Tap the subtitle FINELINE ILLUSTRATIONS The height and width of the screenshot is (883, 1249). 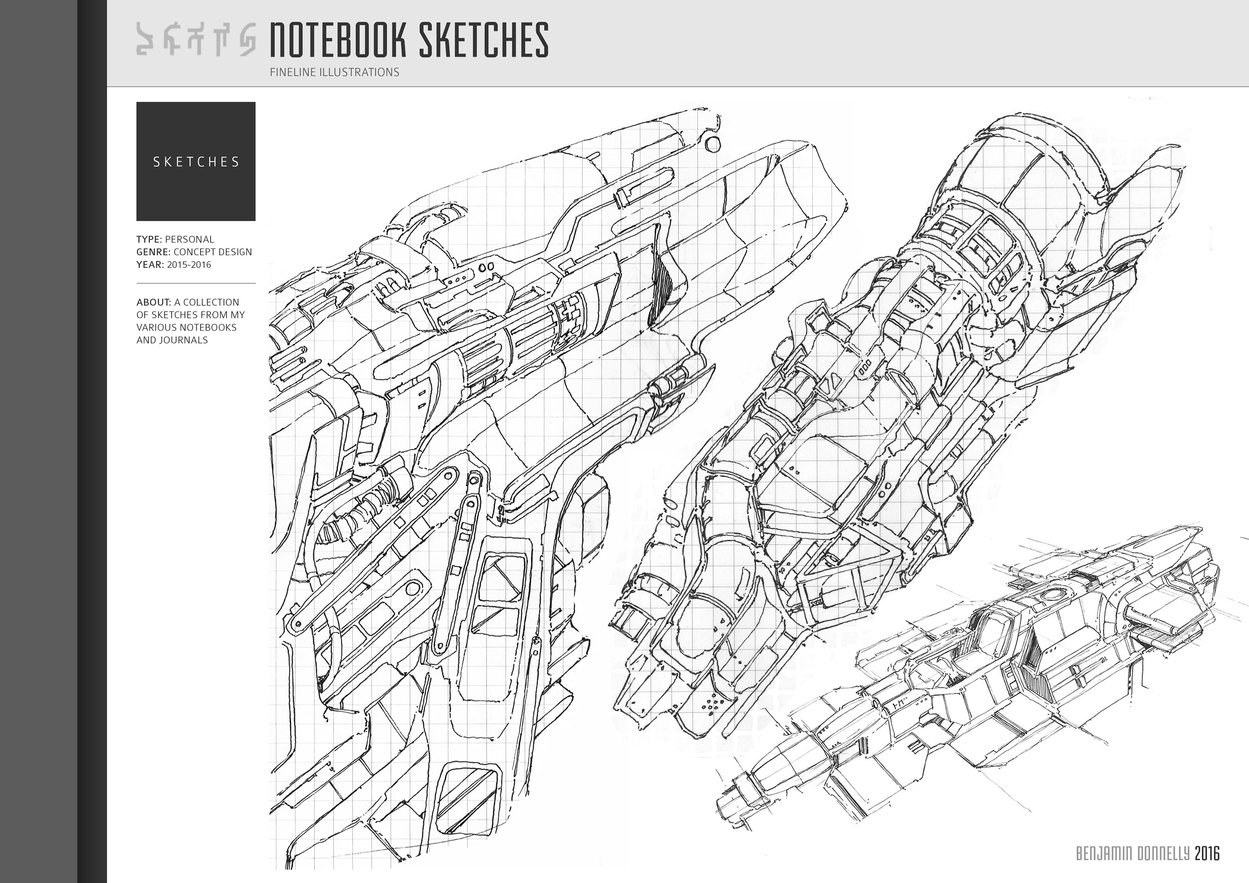pos(335,72)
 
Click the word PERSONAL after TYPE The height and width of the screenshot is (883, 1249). pos(189,239)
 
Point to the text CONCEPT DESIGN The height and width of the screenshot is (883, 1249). pos(213,252)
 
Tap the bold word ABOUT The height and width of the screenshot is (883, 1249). pos(154,302)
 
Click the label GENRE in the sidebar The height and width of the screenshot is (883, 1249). pos(154,252)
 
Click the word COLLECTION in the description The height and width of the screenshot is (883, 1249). pos(212,302)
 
